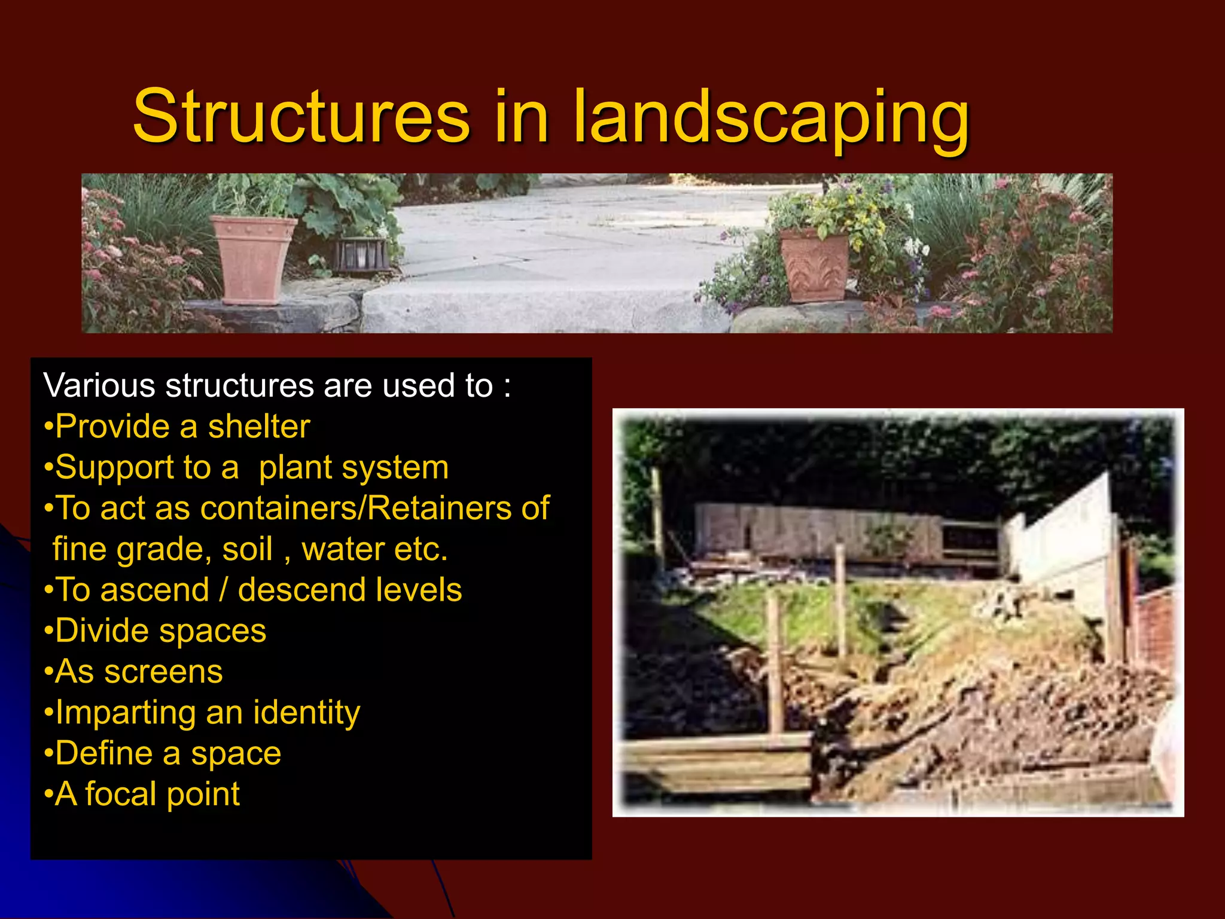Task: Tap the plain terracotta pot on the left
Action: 253,259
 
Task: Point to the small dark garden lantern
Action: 360,255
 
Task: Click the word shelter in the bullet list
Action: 259,427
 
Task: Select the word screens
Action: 163,672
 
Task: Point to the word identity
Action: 306,713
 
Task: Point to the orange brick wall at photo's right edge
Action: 1157,628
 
